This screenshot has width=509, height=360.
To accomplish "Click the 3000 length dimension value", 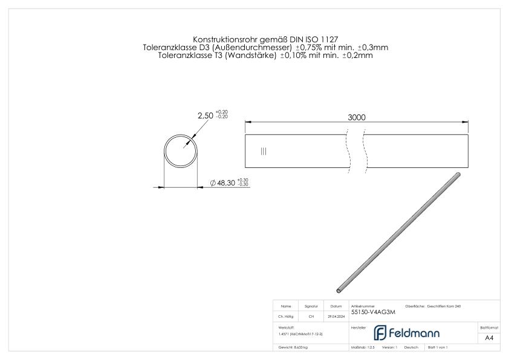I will (356, 117).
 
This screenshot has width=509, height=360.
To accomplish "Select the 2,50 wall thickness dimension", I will (206, 114).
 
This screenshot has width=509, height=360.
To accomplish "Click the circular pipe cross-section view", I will (181, 151).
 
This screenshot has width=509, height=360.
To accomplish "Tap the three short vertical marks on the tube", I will (263, 151).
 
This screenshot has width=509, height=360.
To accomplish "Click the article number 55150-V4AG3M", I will (375, 313).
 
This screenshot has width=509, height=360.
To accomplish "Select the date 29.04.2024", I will (336, 317).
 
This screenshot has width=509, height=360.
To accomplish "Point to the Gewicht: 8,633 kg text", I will (293, 348).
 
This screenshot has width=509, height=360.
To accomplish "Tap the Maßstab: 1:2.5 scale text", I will (362, 348).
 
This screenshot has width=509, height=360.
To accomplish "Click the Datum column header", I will (336, 306).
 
